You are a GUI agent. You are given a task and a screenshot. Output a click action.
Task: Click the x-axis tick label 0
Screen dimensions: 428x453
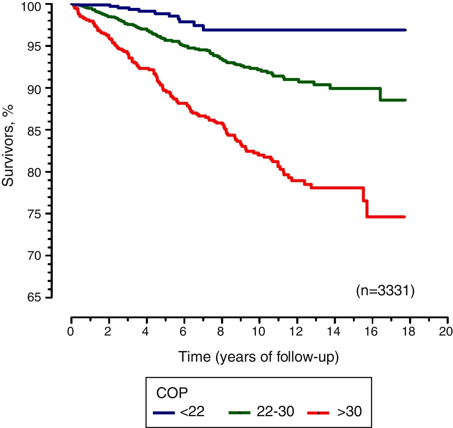coord(71,332)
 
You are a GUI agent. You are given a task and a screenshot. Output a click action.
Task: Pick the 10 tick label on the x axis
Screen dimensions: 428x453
coord(259,332)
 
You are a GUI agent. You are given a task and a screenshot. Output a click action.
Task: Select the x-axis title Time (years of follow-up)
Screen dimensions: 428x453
coord(258,357)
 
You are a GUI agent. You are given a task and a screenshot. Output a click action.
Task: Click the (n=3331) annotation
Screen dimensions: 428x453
coord(385,291)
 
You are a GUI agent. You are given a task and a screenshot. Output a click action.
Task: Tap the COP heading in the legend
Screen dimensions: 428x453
coord(172,393)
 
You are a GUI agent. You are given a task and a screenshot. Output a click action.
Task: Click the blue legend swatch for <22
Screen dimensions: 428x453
coord(164,413)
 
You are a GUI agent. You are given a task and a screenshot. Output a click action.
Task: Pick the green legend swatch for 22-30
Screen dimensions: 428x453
coord(240,413)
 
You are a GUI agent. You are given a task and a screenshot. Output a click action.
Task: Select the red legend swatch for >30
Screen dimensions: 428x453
coord(318,413)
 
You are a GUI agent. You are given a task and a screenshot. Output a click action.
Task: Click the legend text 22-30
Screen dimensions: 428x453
coord(275,412)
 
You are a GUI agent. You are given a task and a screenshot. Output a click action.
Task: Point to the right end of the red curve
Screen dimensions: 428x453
coord(404,217)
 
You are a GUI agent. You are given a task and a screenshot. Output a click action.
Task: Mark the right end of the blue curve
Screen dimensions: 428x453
coord(405,30)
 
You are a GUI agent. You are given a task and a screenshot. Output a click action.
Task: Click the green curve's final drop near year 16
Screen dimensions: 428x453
coord(380,94)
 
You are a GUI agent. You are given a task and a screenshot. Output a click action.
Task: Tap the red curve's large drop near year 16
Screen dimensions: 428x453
coord(367,209)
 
